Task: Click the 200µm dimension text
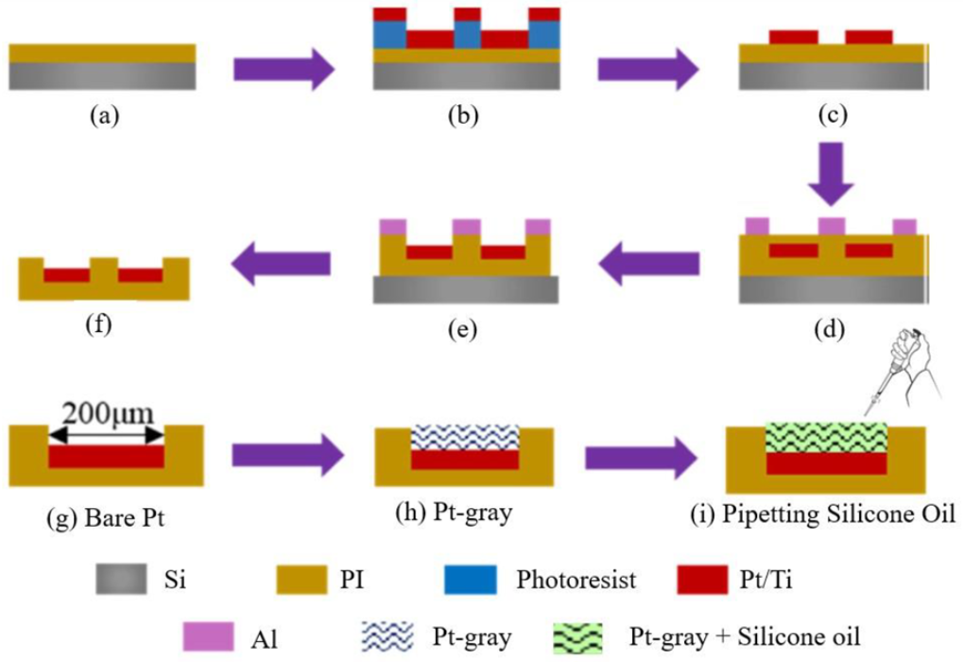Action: [106, 413]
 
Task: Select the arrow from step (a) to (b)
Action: [284, 69]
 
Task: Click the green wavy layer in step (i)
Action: [825, 437]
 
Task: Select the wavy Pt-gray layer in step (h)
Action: [465, 436]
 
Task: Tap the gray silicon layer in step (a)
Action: [103, 77]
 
